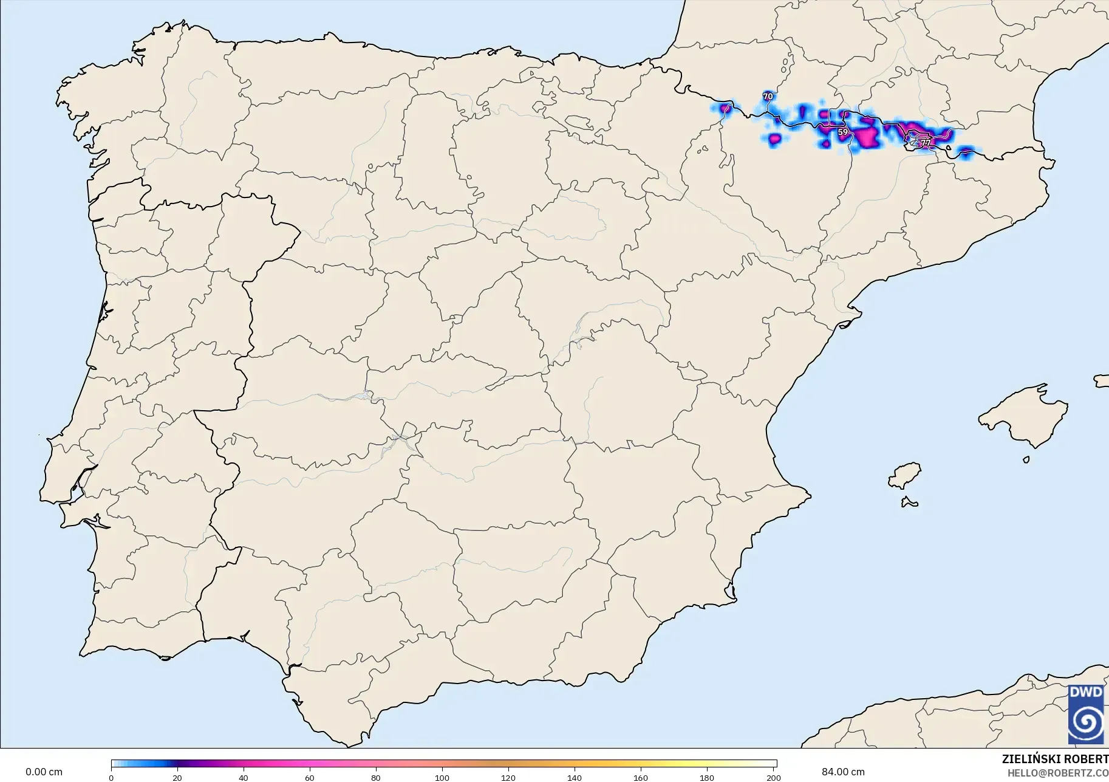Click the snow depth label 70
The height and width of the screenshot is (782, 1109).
tap(768, 97)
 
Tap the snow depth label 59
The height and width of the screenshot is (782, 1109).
tap(842, 132)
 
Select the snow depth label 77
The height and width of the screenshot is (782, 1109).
tap(925, 143)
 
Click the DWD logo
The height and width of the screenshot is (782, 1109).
tap(1086, 715)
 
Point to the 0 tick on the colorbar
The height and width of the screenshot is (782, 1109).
tap(111, 777)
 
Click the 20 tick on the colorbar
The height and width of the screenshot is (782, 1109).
tap(177, 777)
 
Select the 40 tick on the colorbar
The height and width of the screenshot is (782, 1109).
tap(244, 777)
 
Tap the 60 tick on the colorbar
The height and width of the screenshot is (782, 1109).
tap(310, 777)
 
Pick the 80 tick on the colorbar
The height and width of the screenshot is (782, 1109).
tap(376, 777)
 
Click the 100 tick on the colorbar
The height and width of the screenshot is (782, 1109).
tap(442, 777)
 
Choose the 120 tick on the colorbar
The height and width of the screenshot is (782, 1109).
tap(508, 777)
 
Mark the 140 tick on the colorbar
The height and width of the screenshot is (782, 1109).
tap(575, 777)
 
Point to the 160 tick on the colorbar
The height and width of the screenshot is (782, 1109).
tap(641, 777)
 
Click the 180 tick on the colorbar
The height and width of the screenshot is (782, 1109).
tap(707, 777)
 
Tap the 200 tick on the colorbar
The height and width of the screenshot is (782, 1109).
tap(773, 777)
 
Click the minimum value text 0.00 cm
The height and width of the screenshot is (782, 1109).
tap(44, 772)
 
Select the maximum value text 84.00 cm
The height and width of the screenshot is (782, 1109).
tap(843, 772)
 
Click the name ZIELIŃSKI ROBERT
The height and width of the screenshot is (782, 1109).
tap(1055, 759)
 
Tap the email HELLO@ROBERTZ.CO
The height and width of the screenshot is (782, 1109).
tap(1058, 773)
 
